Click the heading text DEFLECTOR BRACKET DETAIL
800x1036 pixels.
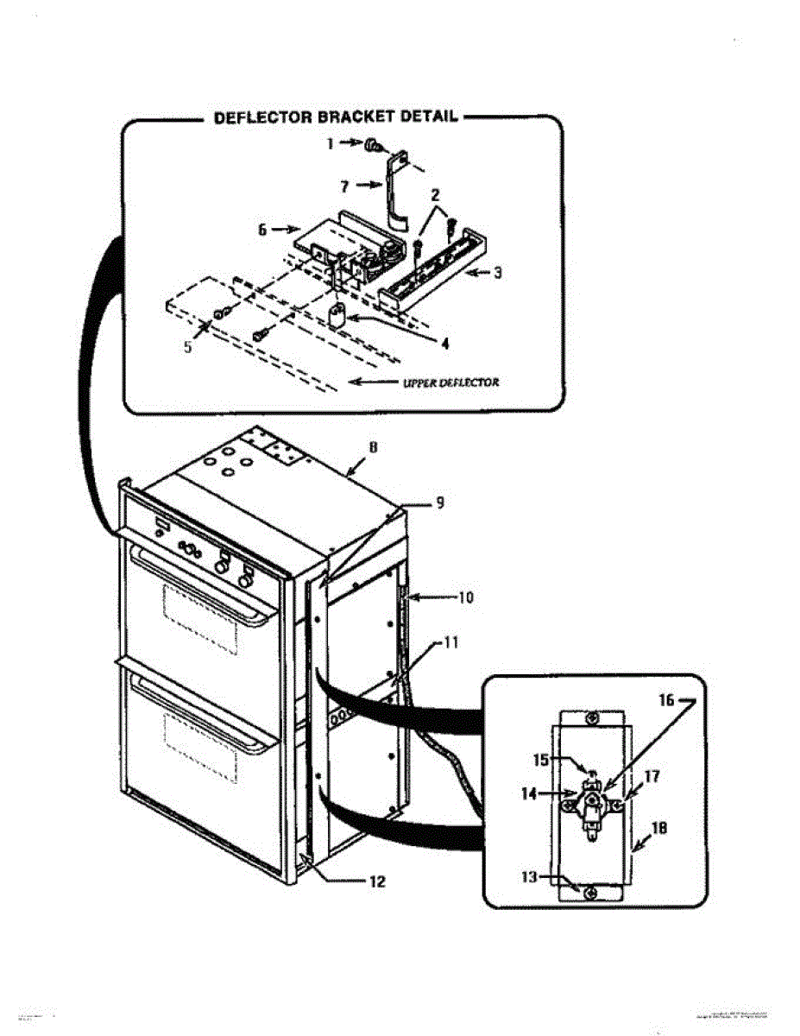tap(337, 118)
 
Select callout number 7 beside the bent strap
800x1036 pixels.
tap(344, 184)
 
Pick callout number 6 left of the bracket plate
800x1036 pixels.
tap(263, 230)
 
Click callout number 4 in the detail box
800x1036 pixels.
tap(445, 343)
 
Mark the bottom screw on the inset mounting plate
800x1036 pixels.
tap(589, 893)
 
